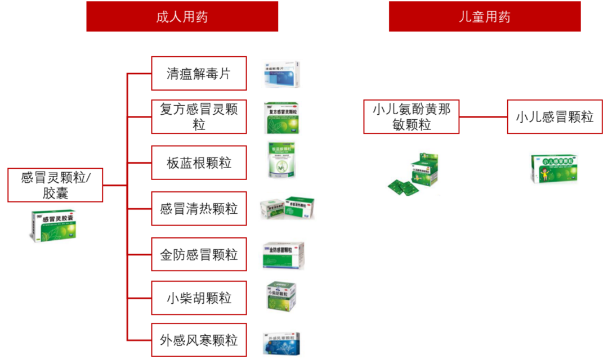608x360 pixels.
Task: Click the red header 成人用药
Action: [182, 16]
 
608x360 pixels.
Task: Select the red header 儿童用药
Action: [484, 16]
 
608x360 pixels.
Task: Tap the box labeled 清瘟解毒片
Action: [199, 73]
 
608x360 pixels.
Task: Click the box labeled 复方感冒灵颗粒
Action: [199, 116]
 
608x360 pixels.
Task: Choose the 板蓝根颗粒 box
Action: [199, 163]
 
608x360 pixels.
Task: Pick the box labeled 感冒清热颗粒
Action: [199, 209]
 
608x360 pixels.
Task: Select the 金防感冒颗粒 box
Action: [199, 255]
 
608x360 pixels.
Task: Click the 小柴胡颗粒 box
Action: [199, 298]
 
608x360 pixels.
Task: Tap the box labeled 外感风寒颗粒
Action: [199, 340]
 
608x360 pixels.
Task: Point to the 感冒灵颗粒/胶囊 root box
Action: [55, 185]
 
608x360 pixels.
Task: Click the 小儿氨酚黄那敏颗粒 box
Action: [411, 116]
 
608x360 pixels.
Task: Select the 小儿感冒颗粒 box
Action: [555, 116]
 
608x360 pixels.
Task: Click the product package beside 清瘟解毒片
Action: [282, 75]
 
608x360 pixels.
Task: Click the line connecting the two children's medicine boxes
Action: [483, 116]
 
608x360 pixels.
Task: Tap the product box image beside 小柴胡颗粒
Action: [281, 296]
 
